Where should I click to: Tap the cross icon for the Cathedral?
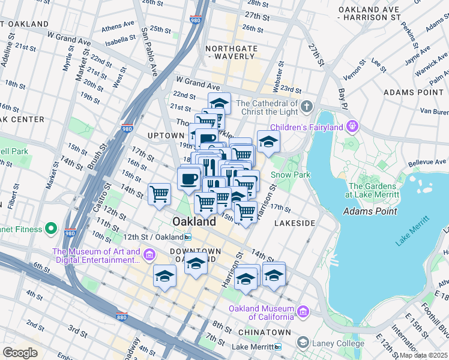click(x=307, y=107)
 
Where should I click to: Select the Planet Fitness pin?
click(x=51, y=229)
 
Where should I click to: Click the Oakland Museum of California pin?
click(x=303, y=312)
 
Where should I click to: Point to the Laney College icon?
click(x=304, y=343)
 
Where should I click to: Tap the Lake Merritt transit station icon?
click(x=277, y=347)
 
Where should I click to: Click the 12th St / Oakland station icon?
click(x=188, y=237)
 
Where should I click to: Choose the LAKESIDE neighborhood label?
click(x=294, y=223)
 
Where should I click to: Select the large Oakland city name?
click(x=194, y=222)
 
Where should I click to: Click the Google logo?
click(x=20, y=353)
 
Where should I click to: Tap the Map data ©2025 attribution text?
click(x=424, y=355)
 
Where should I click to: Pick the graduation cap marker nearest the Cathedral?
click(x=268, y=142)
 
